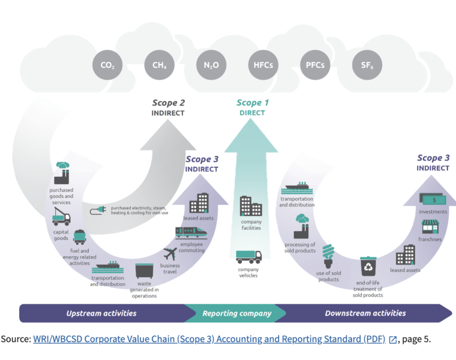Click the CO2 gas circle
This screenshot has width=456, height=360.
pyautogui.click(x=107, y=65)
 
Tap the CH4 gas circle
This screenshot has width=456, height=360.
pyautogui.click(x=160, y=65)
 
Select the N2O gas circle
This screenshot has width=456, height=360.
pyautogui.click(x=211, y=65)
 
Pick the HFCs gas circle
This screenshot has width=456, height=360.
pyautogui.click(x=263, y=65)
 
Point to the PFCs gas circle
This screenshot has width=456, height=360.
pyautogui.click(x=315, y=65)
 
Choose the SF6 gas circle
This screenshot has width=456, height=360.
pyautogui.click(x=367, y=65)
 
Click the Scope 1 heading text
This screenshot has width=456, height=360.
pyautogui.click(x=253, y=103)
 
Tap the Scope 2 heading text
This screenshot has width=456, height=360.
pyautogui.click(x=169, y=103)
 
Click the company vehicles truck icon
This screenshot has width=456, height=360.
pyautogui.click(x=248, y=257)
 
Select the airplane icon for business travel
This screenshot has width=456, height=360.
pyautogui.click(x=170, y=254)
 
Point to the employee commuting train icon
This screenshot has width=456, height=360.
pyautogui.click(x=191, y=232)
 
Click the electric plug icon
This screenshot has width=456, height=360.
pyautogui.click(x=98, y=210)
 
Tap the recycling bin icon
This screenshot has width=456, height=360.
pyautogui.click(x=368, y=266)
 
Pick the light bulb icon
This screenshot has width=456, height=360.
pyautogui.click(x=328, y=256)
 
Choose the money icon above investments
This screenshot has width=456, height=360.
pyautogui.click(x=433, y=199)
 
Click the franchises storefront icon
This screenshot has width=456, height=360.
pyautogui.click(x=430, y=227)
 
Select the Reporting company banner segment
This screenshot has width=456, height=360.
pyautogui.click(x=236, y=313)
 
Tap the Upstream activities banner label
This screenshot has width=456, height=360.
pyautogui.click(x=101, y=313)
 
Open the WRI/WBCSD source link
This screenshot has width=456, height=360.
pyautogui.click(x=209, y=339)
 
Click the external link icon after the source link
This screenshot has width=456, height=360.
pyautogui.click(x=392, y=340)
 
